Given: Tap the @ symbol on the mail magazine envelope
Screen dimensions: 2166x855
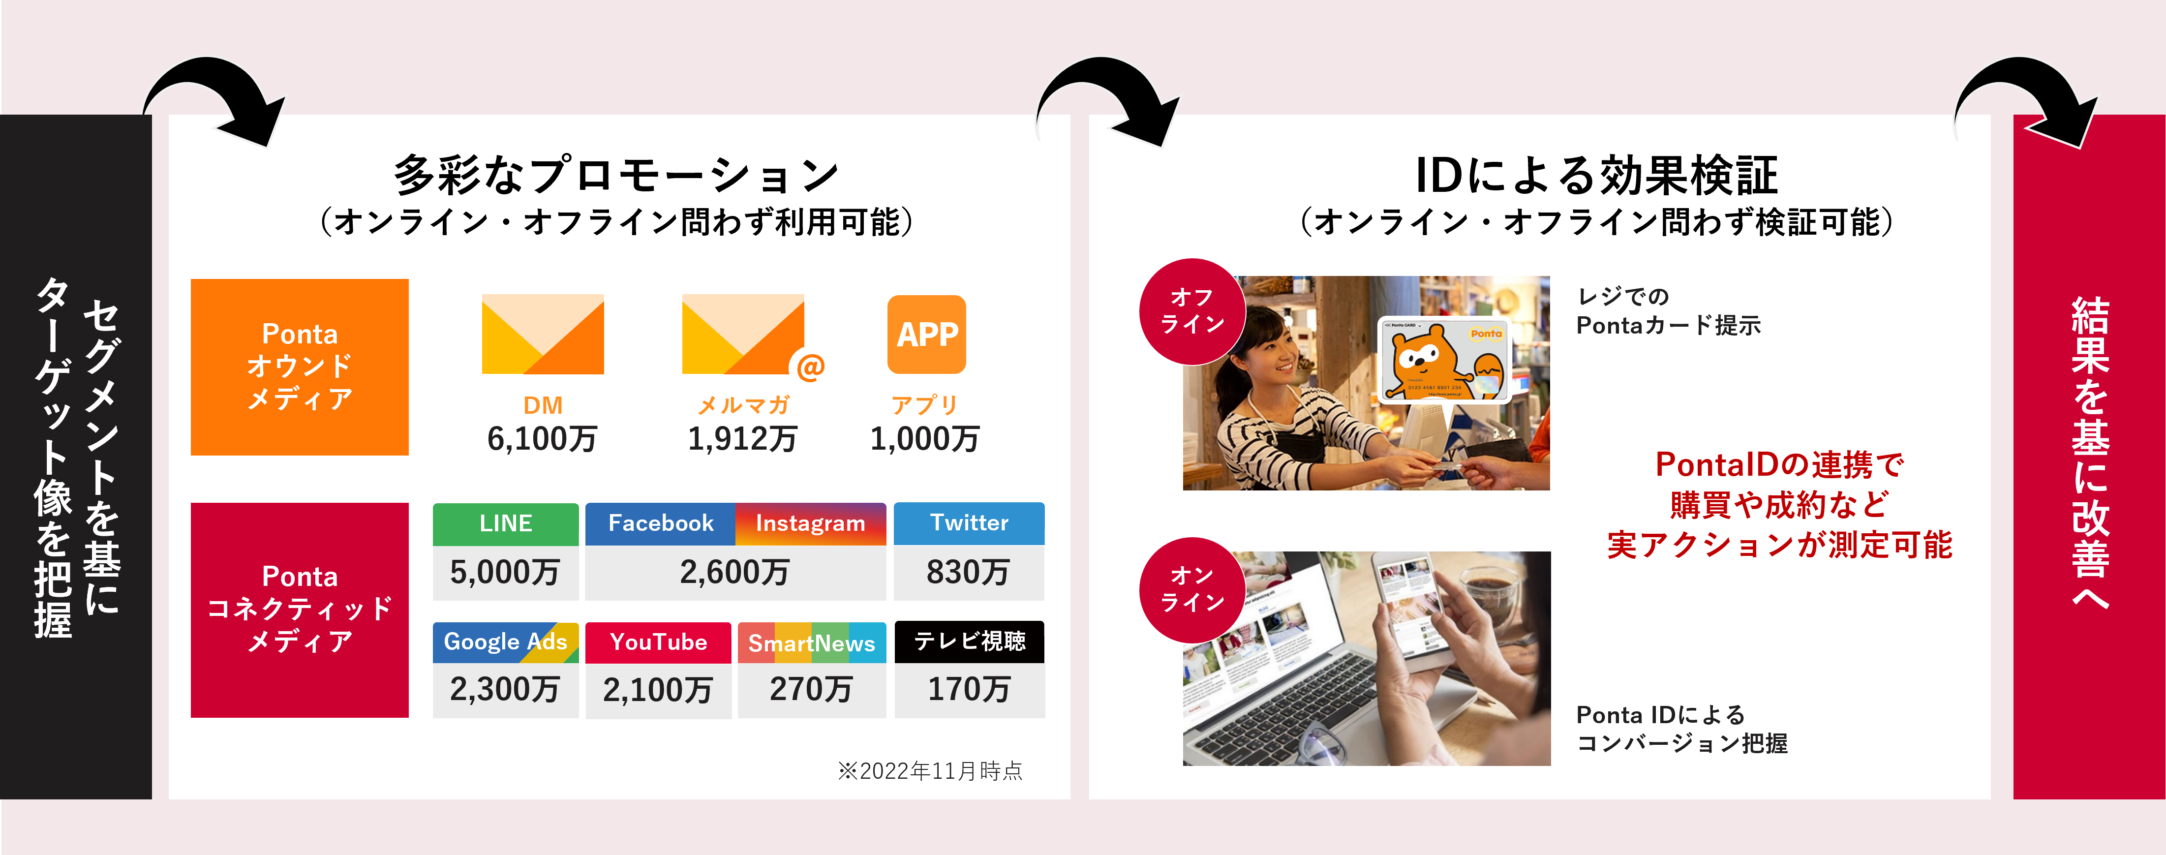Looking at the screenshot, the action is click(x=810, y=366).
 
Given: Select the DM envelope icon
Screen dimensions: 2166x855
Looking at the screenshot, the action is click(x=542, y=334).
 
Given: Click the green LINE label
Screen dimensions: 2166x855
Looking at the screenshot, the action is click(x=505, y=524).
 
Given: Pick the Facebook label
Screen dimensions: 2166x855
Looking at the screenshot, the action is click(x=661, y=524).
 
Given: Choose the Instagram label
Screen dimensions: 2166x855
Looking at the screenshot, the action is click(x=811, y=524).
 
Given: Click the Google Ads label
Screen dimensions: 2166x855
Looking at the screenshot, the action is click(x=505, y=642).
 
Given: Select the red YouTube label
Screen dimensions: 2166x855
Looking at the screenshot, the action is click(x=658, y=642).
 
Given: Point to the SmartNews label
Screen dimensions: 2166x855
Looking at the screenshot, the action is click(x=811, y=643).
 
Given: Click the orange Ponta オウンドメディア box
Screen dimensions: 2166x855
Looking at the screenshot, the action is click(x=299, y=367).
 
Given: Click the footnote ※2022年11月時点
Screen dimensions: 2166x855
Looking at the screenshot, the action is click(x=930, y=771).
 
